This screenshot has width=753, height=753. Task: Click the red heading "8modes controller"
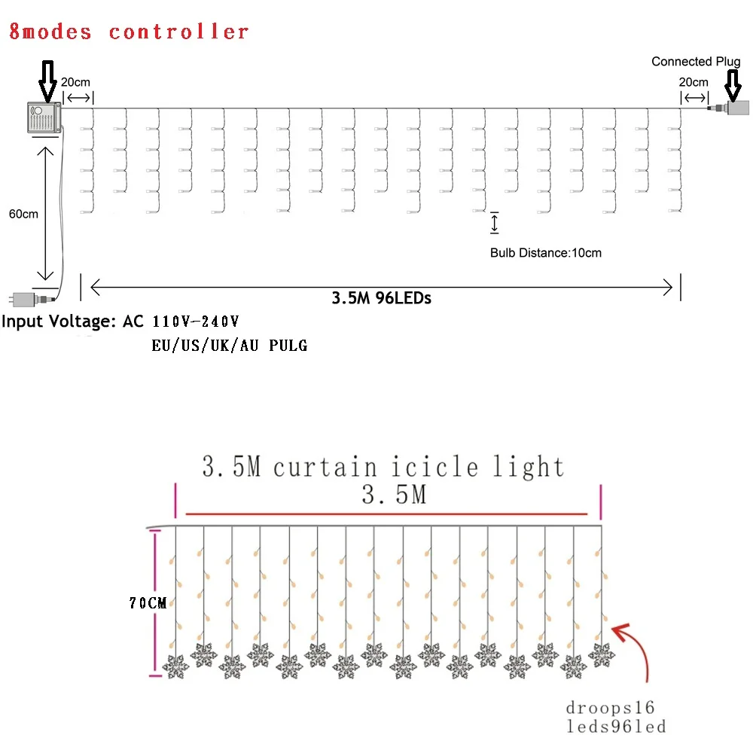coord(129,32)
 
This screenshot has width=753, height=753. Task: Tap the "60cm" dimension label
coord(23,214)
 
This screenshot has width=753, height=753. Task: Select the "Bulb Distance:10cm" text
coord(546,253)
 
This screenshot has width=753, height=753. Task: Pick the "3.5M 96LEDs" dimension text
coord(381,297)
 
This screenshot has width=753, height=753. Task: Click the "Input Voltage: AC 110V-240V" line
coord(120,322)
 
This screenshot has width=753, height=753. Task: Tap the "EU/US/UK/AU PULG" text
coord(229,346)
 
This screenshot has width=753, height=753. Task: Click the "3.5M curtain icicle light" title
coord(383,467)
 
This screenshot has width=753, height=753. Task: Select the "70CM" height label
coord(147,602)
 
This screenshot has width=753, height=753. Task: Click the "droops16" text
coord(611,708)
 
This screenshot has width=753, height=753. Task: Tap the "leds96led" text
coord(616,727)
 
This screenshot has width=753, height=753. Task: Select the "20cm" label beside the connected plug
coord(694,81)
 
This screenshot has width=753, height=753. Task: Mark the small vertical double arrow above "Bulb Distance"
coord(495,224)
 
